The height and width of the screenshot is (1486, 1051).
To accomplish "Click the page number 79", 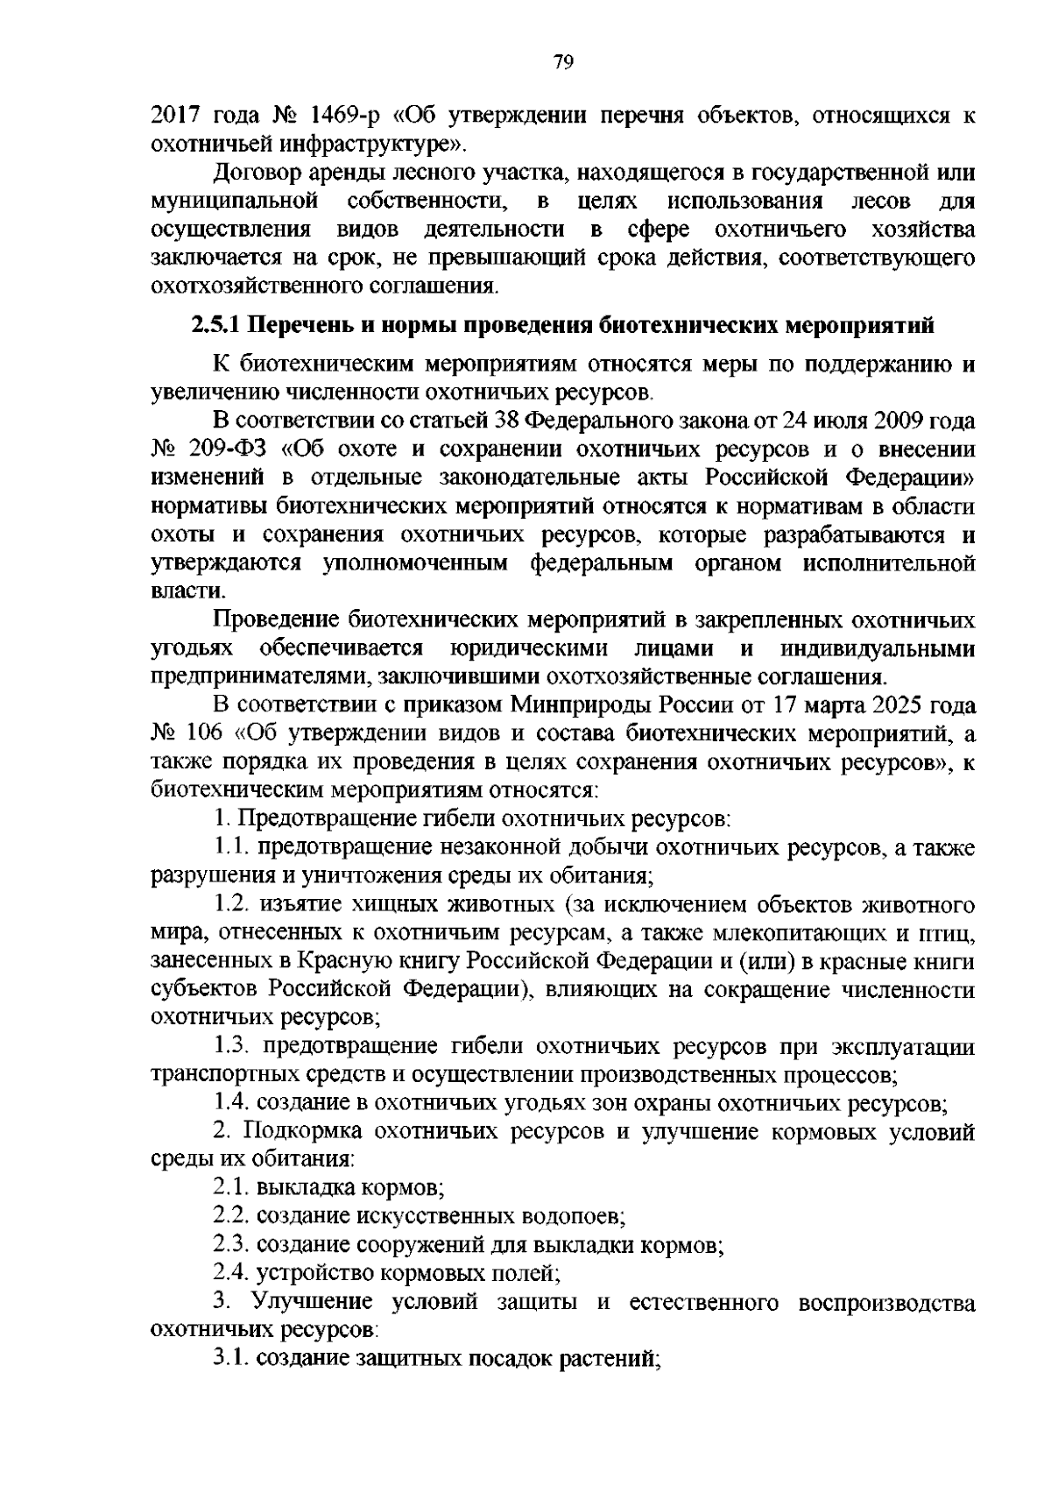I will (x=563, y=61).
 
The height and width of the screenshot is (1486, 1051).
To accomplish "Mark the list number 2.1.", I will (x=233, y=1188).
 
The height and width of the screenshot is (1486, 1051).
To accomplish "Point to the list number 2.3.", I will (x=233, y=1245).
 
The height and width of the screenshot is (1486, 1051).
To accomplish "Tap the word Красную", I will (x=359, y=961).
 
